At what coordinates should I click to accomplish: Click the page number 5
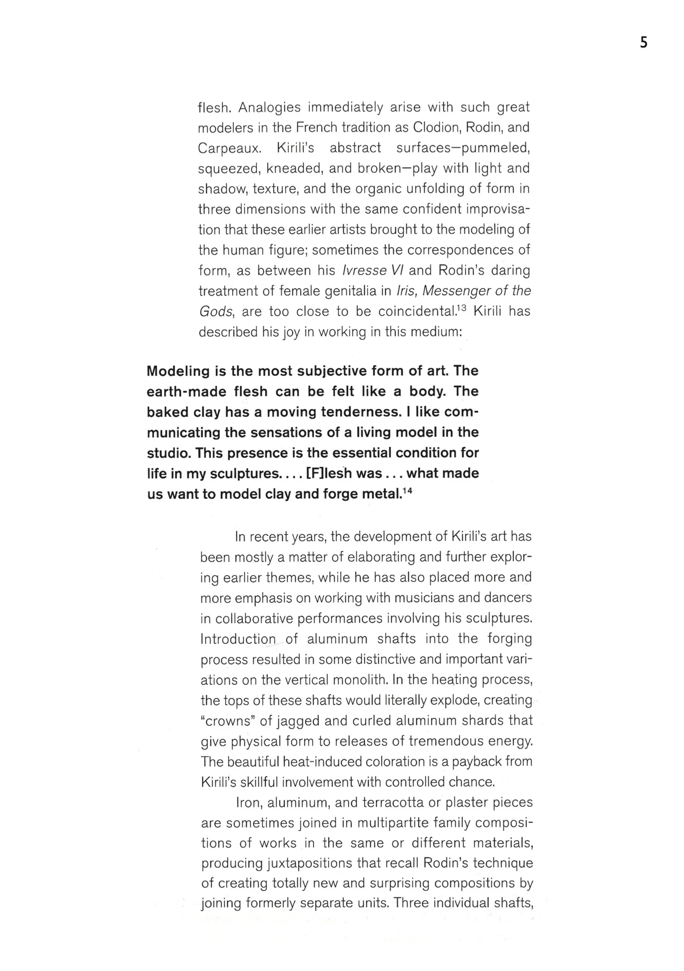643,43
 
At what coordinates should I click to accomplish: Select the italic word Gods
215,312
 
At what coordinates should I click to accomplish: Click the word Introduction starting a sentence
237,639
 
